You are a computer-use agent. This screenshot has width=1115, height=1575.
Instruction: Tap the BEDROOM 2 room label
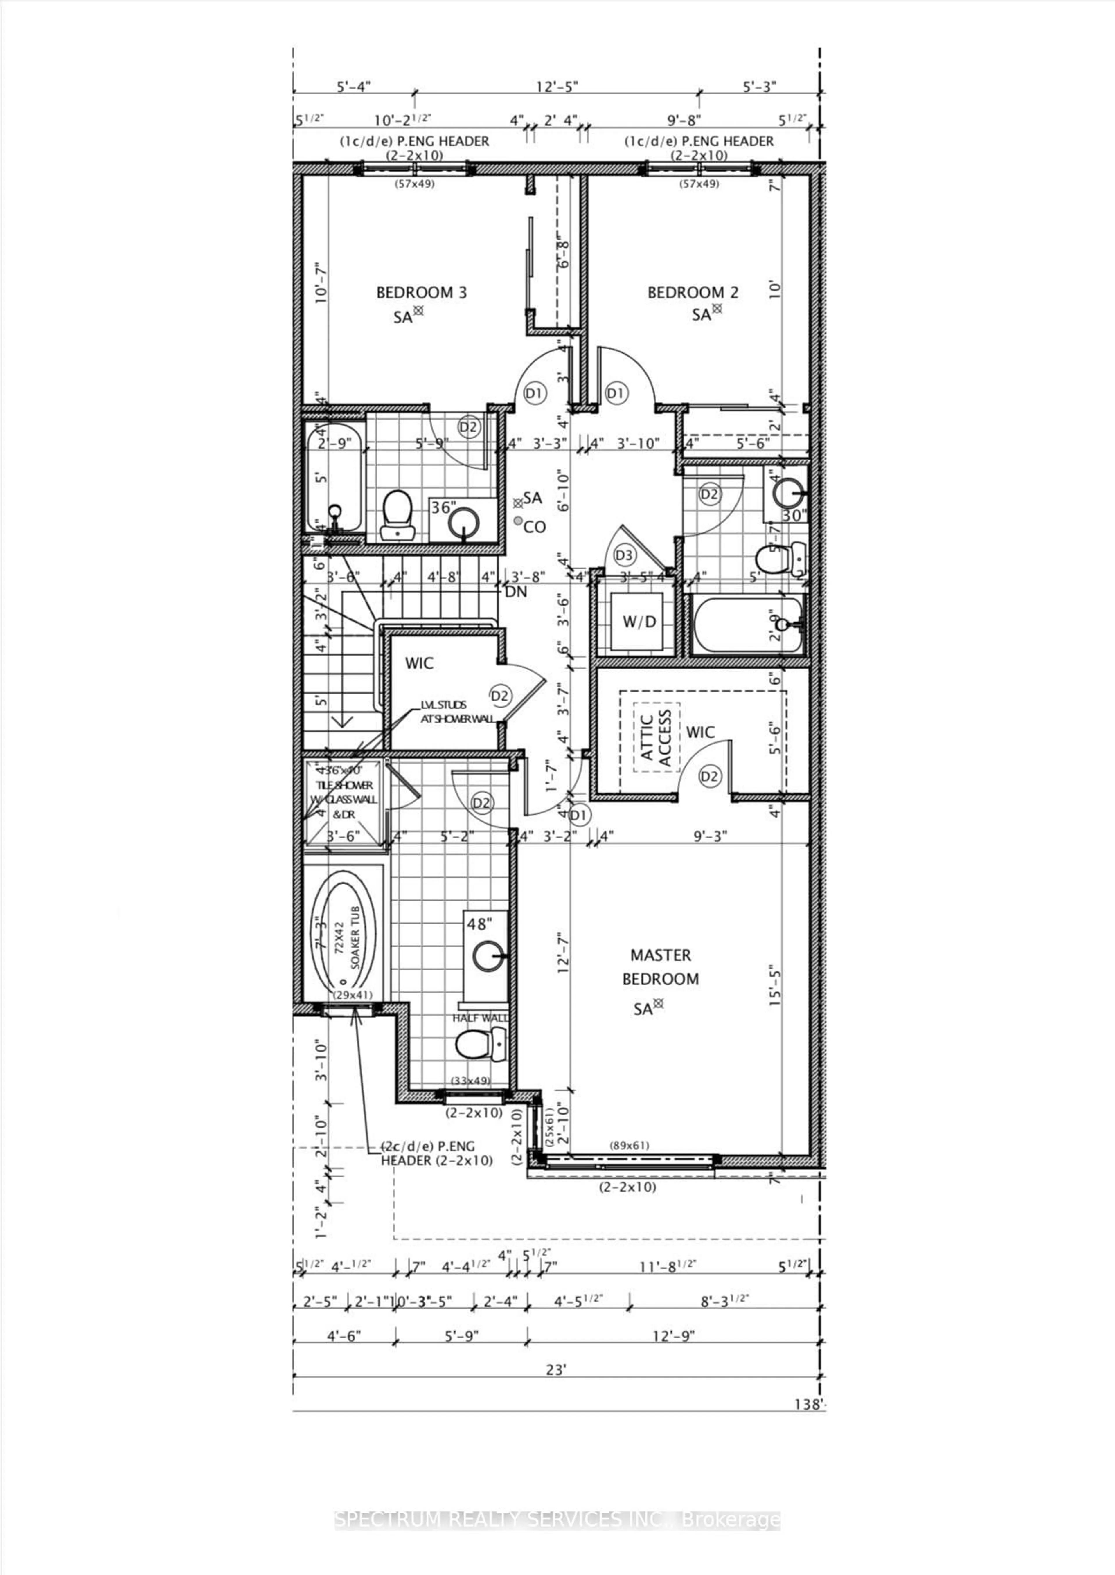(693, 292)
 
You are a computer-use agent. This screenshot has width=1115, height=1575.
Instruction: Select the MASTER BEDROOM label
(661, 967)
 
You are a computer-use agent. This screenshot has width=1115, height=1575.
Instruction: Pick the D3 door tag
(625, 555)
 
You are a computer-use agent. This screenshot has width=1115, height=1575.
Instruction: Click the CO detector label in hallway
(533, 527)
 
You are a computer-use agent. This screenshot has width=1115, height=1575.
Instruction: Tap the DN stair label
(516, 592)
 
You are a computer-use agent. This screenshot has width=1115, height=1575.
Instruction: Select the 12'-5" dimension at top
(557, 87)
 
